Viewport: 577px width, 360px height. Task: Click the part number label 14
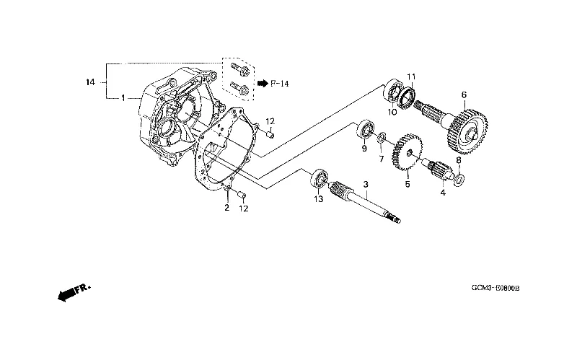91,82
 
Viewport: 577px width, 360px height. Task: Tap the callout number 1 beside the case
123,98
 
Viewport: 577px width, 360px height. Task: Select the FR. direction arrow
74,293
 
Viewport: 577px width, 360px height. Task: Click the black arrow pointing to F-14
263,84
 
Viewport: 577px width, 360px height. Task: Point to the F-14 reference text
280,84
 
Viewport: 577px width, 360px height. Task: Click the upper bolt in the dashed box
240,70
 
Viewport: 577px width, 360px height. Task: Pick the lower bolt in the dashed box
240,88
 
